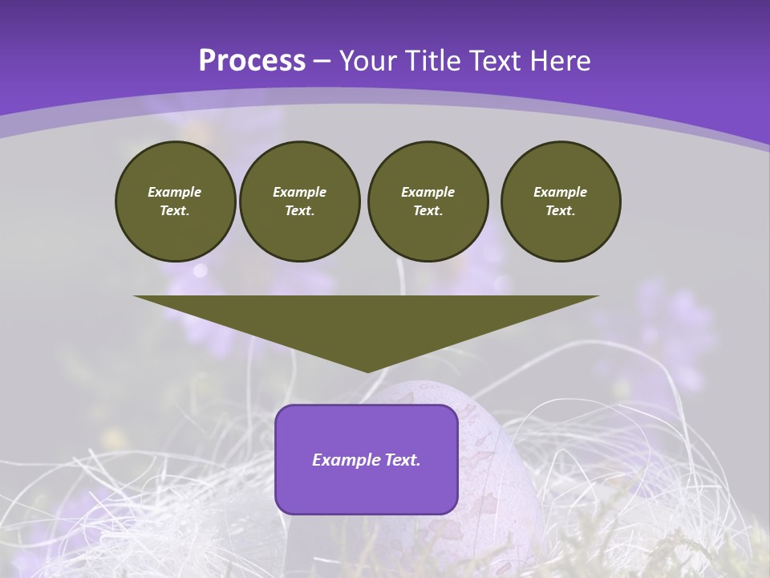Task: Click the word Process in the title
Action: point(252,61)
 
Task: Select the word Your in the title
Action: point(368,61)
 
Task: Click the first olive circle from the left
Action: point(175,201)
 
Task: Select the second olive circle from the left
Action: point(299,201)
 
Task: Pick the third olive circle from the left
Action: point(428,201)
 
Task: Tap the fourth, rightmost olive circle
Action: point(560,201)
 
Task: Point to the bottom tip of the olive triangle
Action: point(367,371)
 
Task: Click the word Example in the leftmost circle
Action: point(175,192)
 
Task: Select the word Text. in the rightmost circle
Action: point(560,210)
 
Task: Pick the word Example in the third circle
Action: point(428,192)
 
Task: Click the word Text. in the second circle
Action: point(299,210)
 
